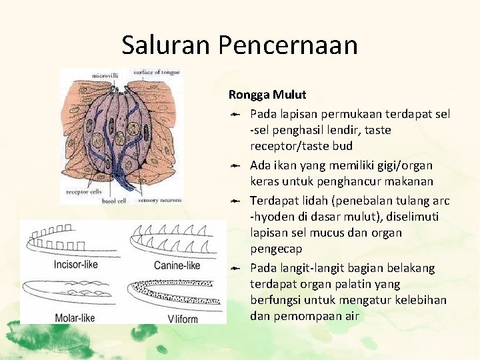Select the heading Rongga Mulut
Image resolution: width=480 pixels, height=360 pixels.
pyautogui.click(x=267, y=95)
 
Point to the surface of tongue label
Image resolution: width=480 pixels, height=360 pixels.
pyautogui.click(x=156, y=72)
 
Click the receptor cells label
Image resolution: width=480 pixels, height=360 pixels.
pyautogui.click(x=83, y=192)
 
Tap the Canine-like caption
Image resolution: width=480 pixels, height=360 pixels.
pyautogui.click(x=177, y=265)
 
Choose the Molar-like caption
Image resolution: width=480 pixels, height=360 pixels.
pyautogui.click(x=75, y=317)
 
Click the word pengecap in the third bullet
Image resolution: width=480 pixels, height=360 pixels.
pyautogui.click(x=277, y=249)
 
